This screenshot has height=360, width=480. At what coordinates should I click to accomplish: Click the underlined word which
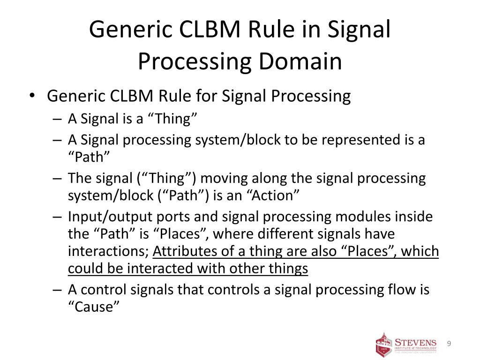[420, 251]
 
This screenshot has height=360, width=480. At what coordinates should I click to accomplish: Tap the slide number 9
[449, 344]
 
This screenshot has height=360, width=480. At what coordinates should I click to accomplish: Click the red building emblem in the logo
[383, 345]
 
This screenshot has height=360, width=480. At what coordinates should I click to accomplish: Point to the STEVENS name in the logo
[416, 343]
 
